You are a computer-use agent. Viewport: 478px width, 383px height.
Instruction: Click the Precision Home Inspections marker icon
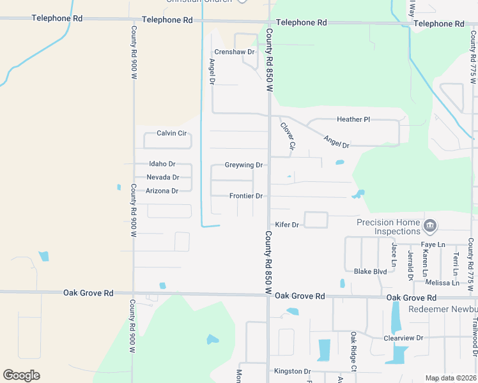[431, 225]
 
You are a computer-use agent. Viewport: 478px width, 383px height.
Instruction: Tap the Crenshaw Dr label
[235, 52]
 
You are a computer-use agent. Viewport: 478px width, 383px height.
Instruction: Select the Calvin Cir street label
[171, 133]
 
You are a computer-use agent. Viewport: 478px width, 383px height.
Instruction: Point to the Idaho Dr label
[162, 164]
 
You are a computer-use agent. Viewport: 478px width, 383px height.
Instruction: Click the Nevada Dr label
[162, 177]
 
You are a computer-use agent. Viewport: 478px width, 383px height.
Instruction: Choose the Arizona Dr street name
[162, 191]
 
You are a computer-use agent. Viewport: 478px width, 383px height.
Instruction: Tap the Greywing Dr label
[243, 165]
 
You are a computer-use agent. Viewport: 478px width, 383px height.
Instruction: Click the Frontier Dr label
[246, 196]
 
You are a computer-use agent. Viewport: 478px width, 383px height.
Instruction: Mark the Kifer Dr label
[287, 225]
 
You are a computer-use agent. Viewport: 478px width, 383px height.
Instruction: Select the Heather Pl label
[353, 119]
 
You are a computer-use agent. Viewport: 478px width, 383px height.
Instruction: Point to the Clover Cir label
[288, 136]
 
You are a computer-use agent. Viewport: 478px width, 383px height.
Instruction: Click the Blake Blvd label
[370, 271]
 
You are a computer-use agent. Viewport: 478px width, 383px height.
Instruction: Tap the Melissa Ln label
[442, 283]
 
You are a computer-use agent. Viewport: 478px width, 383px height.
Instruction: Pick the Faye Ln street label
[433, 244]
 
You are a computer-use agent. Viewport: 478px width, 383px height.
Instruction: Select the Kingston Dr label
[292, 371]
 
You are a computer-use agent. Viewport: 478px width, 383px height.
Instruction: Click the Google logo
[22, 375]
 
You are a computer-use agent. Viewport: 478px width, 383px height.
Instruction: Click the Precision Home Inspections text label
[388, 227]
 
